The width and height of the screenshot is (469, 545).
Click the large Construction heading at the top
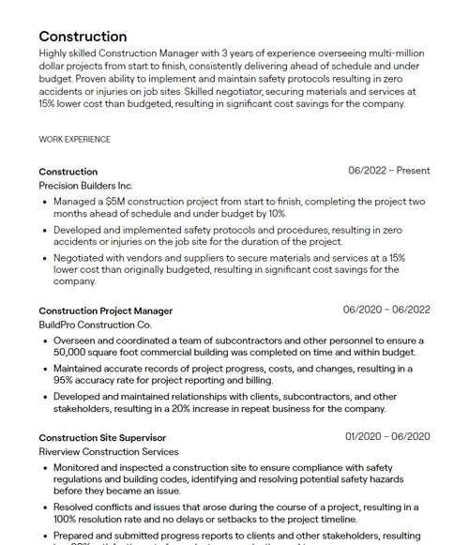click(x=83, y=37)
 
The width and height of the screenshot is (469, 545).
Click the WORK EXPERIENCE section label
click(x=74, y=140)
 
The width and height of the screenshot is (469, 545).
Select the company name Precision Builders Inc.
click(x=85, y=186)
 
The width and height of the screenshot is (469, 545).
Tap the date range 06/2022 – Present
click(x=388, y=171)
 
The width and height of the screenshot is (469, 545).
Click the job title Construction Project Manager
click(x=105, y=310)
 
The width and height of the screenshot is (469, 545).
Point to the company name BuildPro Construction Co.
click(x=95, y=325)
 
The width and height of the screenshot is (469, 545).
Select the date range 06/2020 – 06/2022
click(x=386, y=310)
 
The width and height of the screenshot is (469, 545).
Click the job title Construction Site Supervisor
click(x=102, y=437)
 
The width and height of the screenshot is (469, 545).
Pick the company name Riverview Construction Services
click(x=108, y=451)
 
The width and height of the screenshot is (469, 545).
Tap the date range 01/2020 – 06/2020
click(x=387, y=436)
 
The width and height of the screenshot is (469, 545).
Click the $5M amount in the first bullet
click(x=116, y=202)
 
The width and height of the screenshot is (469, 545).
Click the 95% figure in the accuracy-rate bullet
click(x=64, y=381)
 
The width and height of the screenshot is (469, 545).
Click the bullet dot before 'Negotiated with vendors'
click(x=45, y=258)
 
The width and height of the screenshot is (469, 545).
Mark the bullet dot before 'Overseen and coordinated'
click(x=45, y=341)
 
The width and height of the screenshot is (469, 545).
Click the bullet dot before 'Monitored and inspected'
click(x=45, y=467)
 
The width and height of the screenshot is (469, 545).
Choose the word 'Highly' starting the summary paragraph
click(x=55, y=53)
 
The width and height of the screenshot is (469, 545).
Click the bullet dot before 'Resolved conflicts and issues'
click(x=45, y=507)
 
